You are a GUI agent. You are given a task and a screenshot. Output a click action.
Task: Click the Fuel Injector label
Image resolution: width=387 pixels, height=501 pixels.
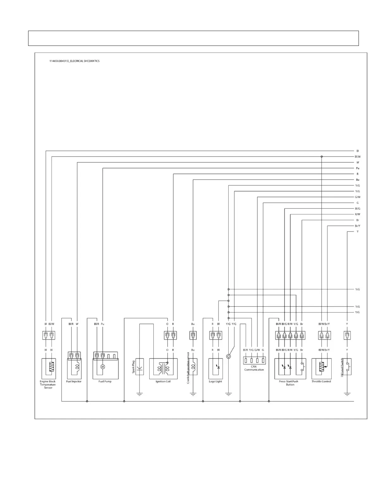(74, 381)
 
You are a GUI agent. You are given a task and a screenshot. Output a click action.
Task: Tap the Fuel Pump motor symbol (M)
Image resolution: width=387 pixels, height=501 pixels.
(102, 367)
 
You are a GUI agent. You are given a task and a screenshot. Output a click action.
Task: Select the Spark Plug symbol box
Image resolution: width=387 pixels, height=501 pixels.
(139, 367)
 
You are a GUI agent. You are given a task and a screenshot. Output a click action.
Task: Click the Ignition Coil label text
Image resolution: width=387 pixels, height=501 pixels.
(163, 381)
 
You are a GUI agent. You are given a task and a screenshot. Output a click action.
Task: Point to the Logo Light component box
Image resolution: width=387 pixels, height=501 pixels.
(215, 368)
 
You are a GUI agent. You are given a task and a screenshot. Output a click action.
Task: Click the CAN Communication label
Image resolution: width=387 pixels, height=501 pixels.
(254, 368)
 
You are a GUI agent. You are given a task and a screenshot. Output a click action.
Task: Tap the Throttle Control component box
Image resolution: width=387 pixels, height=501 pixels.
(322, 368)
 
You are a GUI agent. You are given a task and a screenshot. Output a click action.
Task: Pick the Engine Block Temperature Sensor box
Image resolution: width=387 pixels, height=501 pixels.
(48, 368)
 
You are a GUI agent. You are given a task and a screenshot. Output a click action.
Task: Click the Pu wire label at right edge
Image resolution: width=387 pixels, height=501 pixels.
(358, 168)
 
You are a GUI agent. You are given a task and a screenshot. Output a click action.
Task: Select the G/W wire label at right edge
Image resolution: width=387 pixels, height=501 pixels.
(358, 197)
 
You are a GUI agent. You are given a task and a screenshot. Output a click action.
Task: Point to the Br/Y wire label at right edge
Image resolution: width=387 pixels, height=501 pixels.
(358, 226)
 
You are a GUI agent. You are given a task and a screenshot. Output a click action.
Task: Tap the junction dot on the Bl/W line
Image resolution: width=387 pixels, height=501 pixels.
(322, 157)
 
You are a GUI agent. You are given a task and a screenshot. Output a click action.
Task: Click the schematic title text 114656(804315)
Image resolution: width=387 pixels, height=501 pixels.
(74, 61)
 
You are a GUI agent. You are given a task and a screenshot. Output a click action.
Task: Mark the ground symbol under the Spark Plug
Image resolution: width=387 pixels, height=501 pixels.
(139, 394)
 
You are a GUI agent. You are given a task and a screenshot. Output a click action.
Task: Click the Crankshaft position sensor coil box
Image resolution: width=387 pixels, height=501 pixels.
(193, 367)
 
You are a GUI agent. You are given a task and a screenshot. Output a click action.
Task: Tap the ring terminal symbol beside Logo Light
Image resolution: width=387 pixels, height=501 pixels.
(229, 356)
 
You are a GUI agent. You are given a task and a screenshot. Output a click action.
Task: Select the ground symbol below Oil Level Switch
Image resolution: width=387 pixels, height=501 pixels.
(347, 394)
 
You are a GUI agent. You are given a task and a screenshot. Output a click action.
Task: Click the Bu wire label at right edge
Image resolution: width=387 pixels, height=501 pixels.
(358, 180)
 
